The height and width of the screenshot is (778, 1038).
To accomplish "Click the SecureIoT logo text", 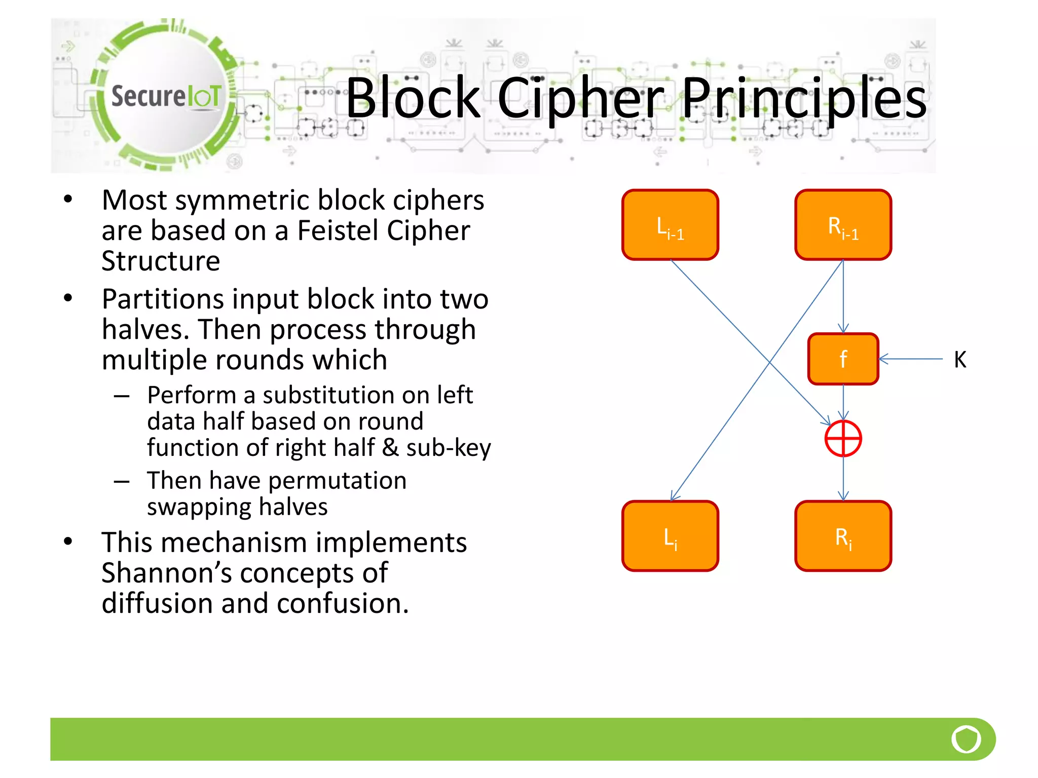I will (x=166, y=96).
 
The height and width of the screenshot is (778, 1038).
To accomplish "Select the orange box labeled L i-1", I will (x=670, y=225).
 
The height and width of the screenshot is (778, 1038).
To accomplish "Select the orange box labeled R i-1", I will (x=843, y=225).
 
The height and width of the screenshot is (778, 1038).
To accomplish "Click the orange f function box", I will (x=843, y=359).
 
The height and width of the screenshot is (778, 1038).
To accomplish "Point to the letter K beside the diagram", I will (x=959, y=360).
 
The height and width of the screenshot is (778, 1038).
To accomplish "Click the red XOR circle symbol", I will (x=843, y=438).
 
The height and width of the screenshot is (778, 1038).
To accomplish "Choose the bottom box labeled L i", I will (x=670, y=536).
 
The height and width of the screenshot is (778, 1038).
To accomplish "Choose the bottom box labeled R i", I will (x=843, y=536).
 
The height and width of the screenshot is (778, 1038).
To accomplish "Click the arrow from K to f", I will (x=911, y=359).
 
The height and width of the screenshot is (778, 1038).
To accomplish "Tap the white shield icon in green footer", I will (x=966, y=739).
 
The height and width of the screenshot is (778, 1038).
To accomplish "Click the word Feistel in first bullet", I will (x=338, y=230).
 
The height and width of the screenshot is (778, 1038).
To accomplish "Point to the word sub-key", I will (x=448, y=448).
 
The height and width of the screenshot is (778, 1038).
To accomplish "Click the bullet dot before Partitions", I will (x=68, y=298).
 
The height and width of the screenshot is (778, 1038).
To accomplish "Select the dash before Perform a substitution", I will (x=122, y=396).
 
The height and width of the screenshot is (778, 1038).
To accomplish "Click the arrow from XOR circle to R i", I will (x=843, y=478).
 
